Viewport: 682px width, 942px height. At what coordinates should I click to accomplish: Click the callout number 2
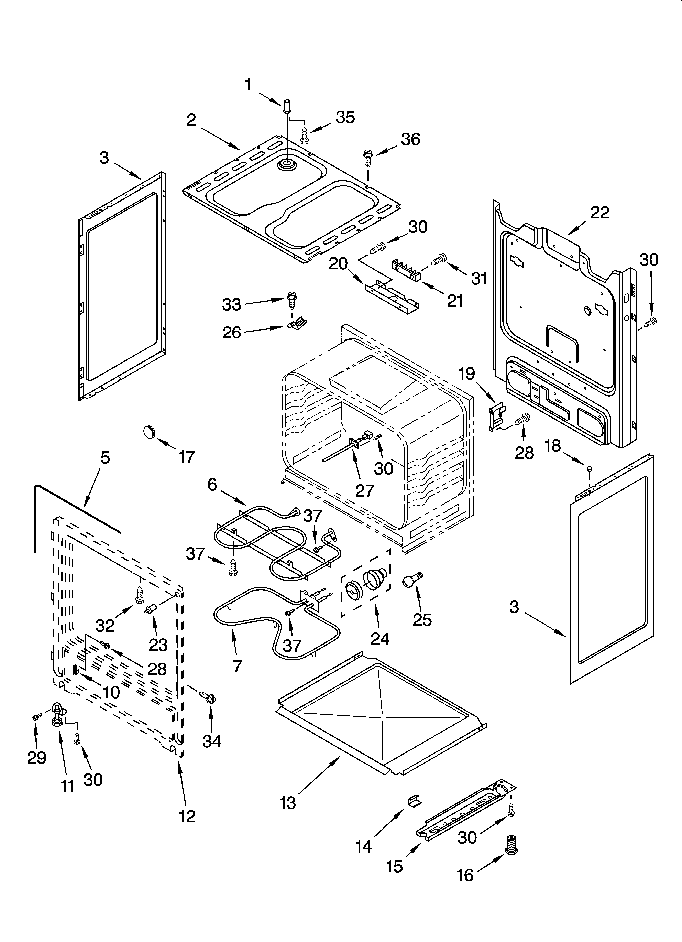[x=191, y=120]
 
